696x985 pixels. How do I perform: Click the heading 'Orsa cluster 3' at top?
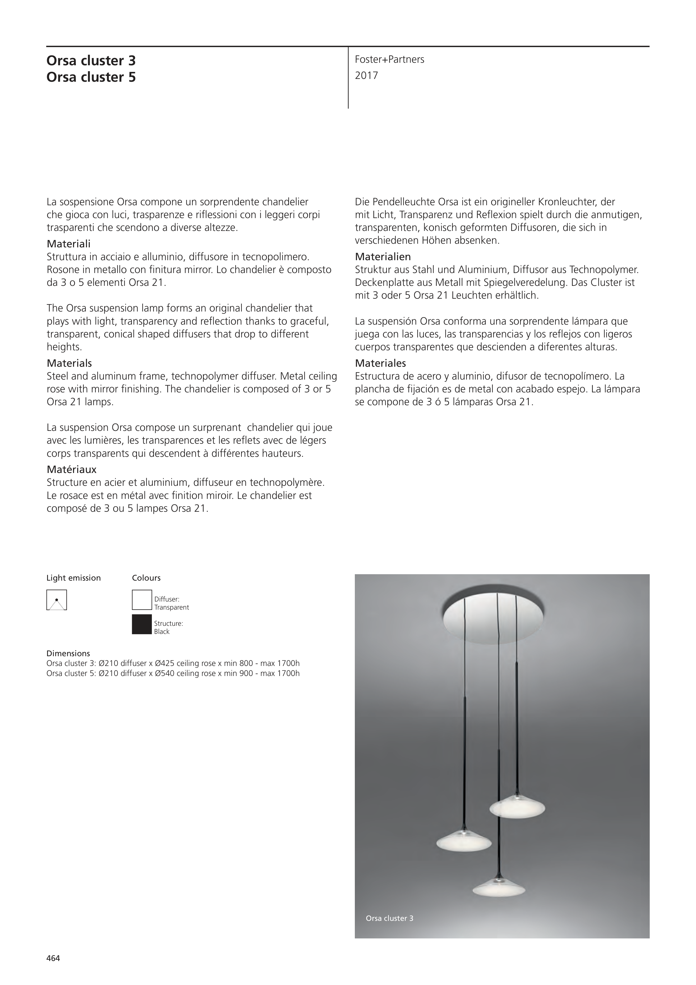coord(91,61)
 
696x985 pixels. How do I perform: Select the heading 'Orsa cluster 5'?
coord(91,77)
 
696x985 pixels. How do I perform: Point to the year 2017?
coord(366,76)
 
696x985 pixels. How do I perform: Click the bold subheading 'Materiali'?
coord(69,244)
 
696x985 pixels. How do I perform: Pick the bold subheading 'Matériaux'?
coord(72,469)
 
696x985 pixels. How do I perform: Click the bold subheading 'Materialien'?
coord(382,257)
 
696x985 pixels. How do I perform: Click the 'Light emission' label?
coord(73,578)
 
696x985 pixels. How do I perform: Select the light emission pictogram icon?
coord(57,600)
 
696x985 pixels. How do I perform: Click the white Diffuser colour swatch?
coord(142,600)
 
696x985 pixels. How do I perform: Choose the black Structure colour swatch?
coord(142,624)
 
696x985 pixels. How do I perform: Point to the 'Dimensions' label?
coord(68,653)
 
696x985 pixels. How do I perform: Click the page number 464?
coord(53,959)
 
